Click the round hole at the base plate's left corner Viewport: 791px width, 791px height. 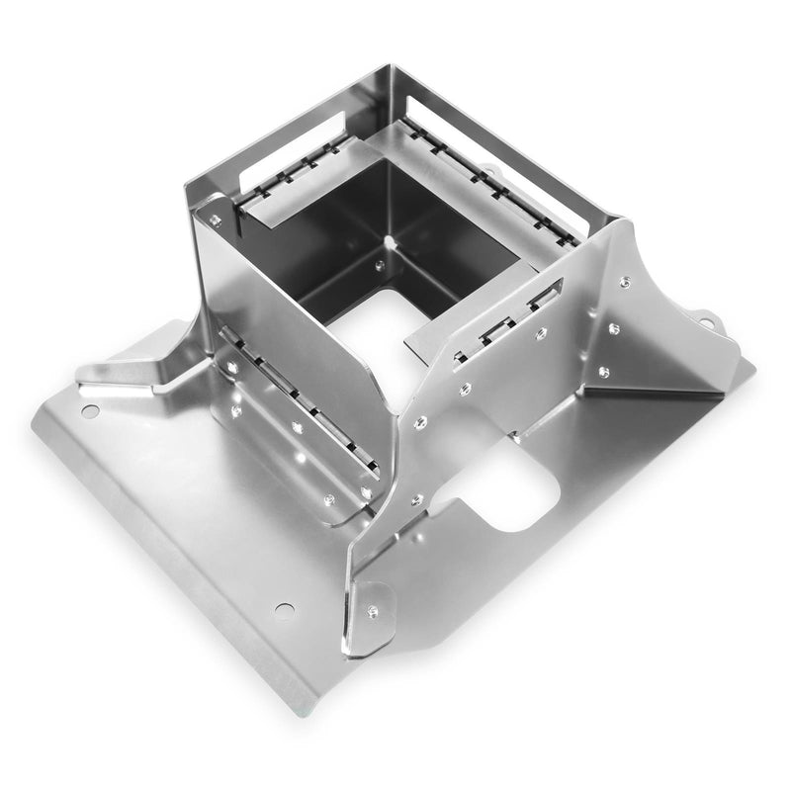[90, 410]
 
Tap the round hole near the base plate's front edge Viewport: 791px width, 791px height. [284, 610]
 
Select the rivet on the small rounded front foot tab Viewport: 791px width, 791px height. [372, 611]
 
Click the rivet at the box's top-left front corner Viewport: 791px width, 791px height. [215, 220]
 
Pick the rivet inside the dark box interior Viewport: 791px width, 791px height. [380, 264]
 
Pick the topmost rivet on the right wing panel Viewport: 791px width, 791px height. [625, 283]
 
